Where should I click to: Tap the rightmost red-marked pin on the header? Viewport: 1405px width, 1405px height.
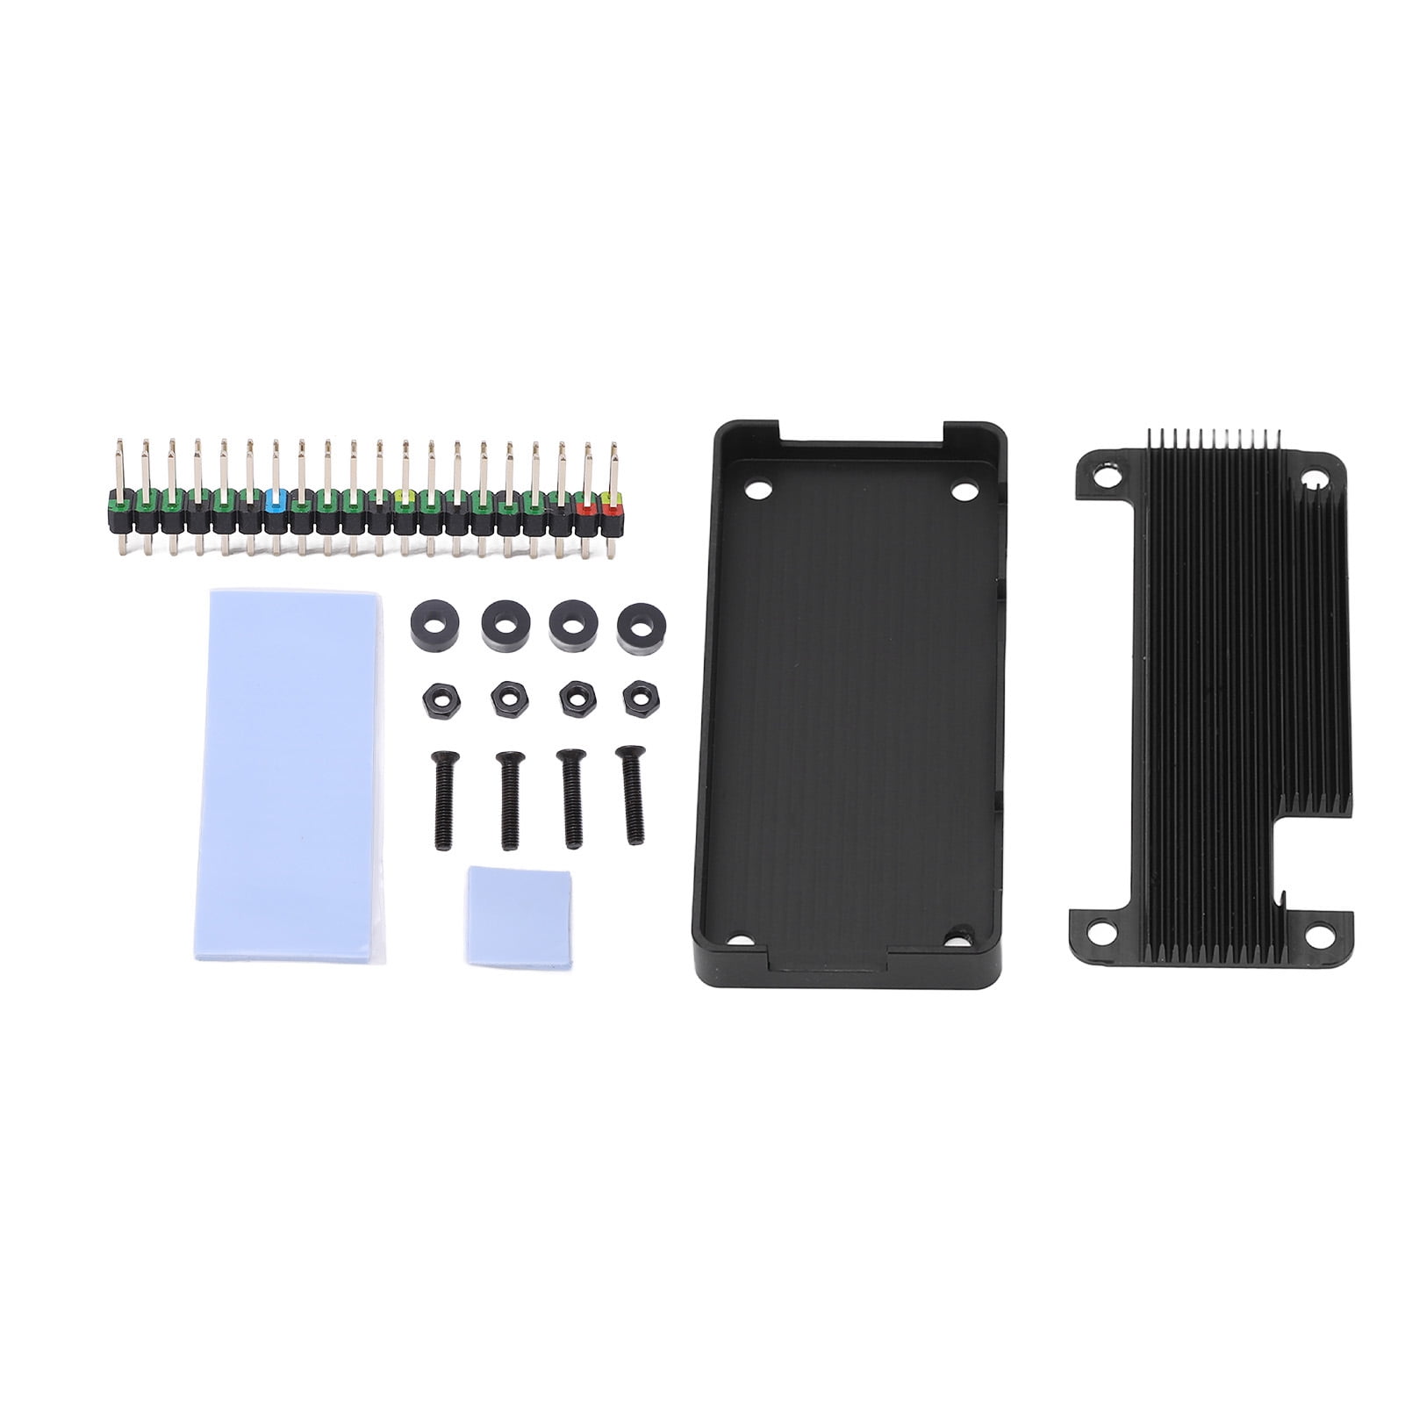(x=612, y=505)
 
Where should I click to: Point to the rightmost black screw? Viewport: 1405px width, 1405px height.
(x=629, y=793)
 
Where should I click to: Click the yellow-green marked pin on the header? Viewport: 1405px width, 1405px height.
(x=404, y=505)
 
